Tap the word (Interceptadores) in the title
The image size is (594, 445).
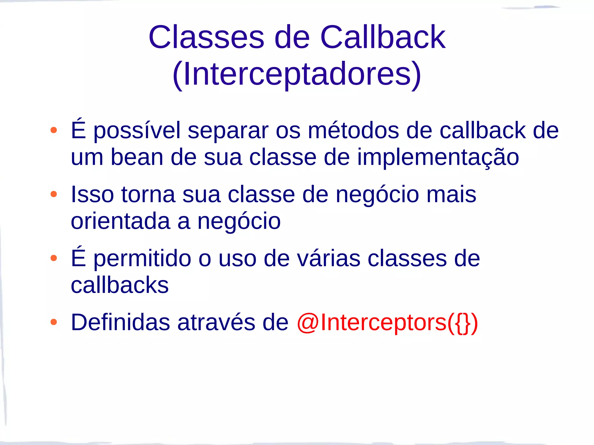pos(297,74)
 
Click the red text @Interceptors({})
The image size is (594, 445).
pos(387,322)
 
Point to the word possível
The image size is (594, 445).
pos(137,131)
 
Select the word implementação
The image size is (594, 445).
pos(438,158)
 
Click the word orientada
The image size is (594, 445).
pos(120,221)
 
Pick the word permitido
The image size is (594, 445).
pos(142,259)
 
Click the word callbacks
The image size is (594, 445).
pos(119,285)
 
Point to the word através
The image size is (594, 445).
pos(216,322)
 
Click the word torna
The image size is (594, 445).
pos(148,194)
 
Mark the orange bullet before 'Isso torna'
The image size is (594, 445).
pos(54,194)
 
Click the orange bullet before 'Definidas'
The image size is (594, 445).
pos(54,322)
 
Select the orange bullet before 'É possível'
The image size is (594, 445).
pos(54,130)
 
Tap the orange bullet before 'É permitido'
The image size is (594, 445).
pos(54,258)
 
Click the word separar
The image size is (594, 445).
pos(228,131)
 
